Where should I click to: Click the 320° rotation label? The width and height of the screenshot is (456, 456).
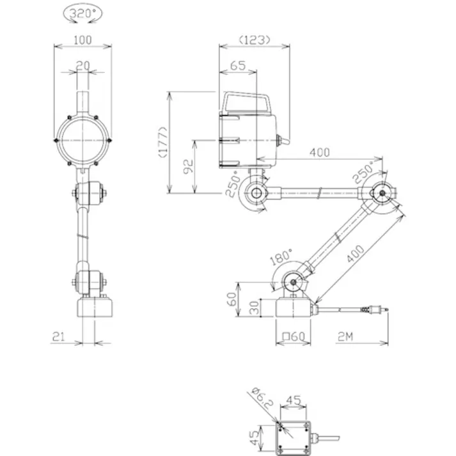pyautogui.click(x=83, y=13)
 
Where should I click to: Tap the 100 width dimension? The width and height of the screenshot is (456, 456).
pyautogui.click(x=83, y=40)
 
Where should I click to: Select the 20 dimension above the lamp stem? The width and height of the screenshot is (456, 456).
pyautogui.click(x=83, y=66)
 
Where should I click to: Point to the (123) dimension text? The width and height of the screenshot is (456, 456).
pyautogui.click(x=255, y=40)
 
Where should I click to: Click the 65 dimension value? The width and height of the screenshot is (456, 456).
pyautogui.click(x=238, y=66)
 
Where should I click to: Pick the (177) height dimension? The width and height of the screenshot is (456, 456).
pyautogui.click(x=164, y=142)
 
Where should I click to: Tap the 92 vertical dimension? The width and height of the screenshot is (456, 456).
pyautogui.click(x=189, y=166)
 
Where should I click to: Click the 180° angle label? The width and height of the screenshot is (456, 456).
pyautogui.click(x=280, y=257)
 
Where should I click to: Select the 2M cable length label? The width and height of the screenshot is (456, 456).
pyautogui.click(x=345, y=336)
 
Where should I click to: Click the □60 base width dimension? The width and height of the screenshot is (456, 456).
pyautogui.click(x=294, y=336)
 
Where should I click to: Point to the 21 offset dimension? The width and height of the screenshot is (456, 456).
pyautogui.click(x=58, y=336)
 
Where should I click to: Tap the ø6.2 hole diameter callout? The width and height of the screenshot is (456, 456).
pyautogui.click(x=263, y=398)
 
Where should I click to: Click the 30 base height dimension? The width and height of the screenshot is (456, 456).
pyautogui.click(x=255, y=308)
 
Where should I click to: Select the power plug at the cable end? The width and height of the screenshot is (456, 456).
pyautogui.click(x=375, y=310)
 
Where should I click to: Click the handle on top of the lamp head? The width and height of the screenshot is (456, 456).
pyautogui.click(x=246, y=103)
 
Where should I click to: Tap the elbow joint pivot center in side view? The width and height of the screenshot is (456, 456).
pyautogui.click(x=382, y=193)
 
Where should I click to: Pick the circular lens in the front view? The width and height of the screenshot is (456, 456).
pyautogui.click(x=83, y=140)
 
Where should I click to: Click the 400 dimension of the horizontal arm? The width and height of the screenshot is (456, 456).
pyautogui.click(x=320, y=152)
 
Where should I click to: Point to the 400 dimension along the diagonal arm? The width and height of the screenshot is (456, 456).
pyautogui.click(x=356, y=254)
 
